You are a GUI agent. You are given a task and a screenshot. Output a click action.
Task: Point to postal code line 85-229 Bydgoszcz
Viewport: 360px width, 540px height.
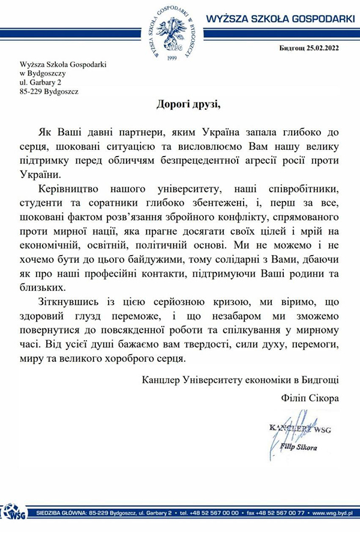coord(49,92)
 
